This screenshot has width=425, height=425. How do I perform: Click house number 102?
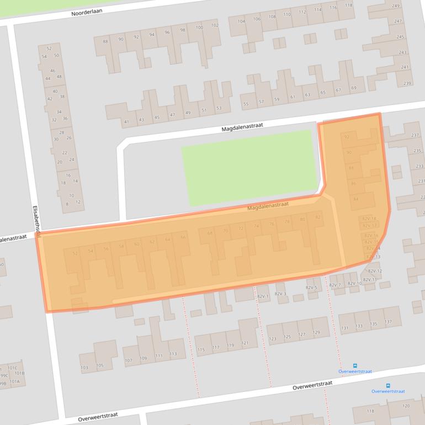tap(215, 25)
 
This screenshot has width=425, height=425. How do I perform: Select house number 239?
tap(407, 83)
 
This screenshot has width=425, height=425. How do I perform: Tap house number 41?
tap(126, 121)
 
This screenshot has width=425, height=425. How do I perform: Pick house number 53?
tap(219, 108)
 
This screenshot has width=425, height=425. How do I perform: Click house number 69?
tap(354, 88)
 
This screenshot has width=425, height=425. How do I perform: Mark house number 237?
tap(415, 135)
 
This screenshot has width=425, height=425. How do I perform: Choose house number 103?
tap(84, 367)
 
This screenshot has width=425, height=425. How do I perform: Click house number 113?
tap(173, 354)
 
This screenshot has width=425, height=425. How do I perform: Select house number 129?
tap(316, 333)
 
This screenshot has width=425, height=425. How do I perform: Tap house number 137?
tap(389, 322)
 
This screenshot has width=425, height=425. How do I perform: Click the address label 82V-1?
tap(263, 296)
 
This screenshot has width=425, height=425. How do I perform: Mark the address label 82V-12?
tap(375, 271)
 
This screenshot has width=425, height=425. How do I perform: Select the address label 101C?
tap(12, 368)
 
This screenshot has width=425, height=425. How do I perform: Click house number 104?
tap(241, 21)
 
